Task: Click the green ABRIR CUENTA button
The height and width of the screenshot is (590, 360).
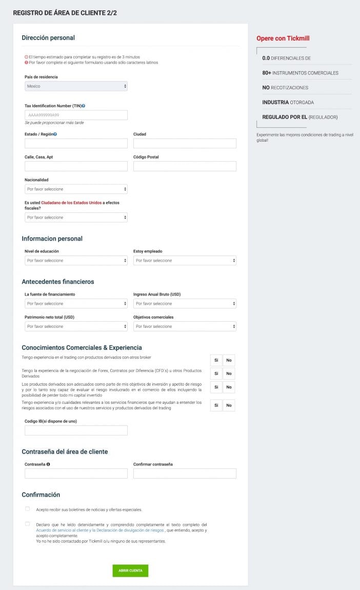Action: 130,571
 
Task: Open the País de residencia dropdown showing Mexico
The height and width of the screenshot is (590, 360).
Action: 76,86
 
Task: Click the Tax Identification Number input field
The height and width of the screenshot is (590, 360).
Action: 76,115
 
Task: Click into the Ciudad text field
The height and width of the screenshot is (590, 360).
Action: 185,143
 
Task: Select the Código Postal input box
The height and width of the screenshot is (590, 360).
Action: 185,166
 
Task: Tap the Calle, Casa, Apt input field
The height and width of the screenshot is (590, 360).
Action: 76,166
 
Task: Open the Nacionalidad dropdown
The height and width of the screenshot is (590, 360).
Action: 76,189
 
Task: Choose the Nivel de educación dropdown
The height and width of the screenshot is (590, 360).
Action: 76,261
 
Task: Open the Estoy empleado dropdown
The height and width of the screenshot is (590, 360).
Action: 185,261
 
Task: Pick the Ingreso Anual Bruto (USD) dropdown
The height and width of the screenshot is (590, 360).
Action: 185,304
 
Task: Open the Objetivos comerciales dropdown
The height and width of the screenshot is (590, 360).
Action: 185,326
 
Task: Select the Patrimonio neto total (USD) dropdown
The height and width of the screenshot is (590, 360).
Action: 76,326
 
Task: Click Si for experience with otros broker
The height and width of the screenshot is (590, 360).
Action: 216,360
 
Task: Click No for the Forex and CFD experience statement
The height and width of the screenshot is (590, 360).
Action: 229,373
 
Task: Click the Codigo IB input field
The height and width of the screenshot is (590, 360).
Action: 76,430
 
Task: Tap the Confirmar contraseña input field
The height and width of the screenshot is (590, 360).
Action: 185,474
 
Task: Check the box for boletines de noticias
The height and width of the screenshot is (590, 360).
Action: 27,509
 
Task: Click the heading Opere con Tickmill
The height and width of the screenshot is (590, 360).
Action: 283,38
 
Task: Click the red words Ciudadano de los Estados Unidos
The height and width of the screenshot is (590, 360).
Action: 71,203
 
